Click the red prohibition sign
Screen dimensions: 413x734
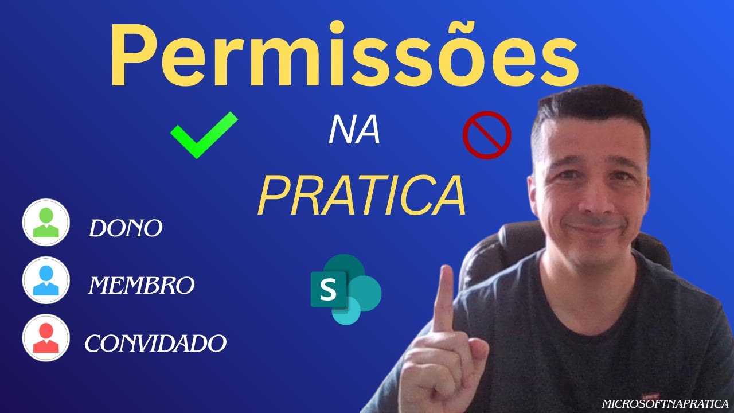486,135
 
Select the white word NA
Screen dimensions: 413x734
354,131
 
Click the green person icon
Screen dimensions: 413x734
46,223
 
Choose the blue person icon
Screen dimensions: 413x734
46,280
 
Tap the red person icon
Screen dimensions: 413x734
46,337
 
